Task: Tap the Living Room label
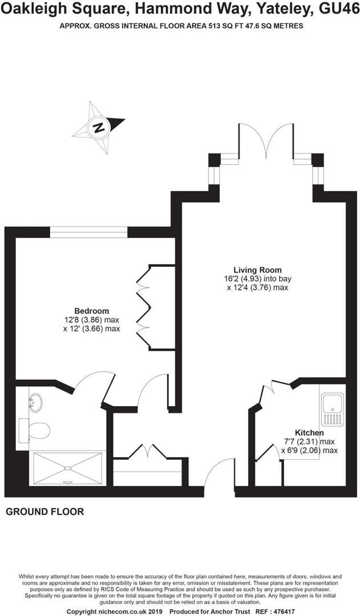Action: (x=257, y=270)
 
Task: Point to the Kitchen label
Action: (x=309, y=432)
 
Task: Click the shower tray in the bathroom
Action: (x=68, y=468)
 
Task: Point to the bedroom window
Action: (x=88, y=232)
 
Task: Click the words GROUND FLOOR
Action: (x=45, y=512)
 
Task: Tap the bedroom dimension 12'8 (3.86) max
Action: (x=92, y=320)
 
